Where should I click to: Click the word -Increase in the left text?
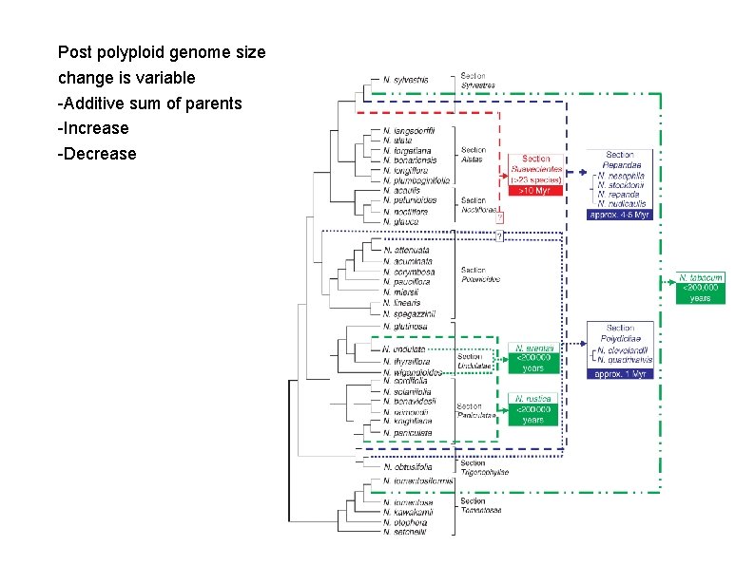pos(93,128)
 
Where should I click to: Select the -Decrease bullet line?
pos(97,154)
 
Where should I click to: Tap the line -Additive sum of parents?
pos(149,103)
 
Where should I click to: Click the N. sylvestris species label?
pos(406,80)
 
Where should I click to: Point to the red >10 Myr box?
pos(535,191)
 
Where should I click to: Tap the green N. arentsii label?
pos(534,349)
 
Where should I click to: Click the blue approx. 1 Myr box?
pos(619,374)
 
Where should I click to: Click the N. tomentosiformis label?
pos(417,481)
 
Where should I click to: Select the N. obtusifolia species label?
pos(408,466)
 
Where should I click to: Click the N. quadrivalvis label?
pos(627,360)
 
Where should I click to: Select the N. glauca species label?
pos(401,222)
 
